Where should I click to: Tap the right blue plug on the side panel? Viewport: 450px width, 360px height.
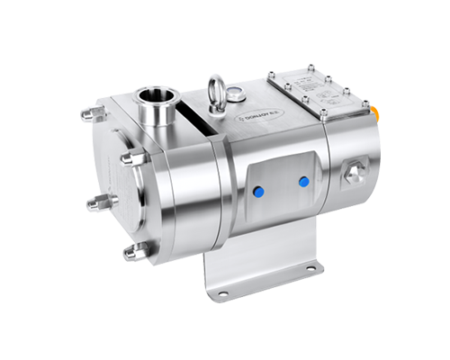click(x=302, y=182)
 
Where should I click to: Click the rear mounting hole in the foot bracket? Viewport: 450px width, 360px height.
click(x=310, y=267)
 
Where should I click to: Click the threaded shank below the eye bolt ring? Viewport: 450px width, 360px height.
click(x=218, y=107)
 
